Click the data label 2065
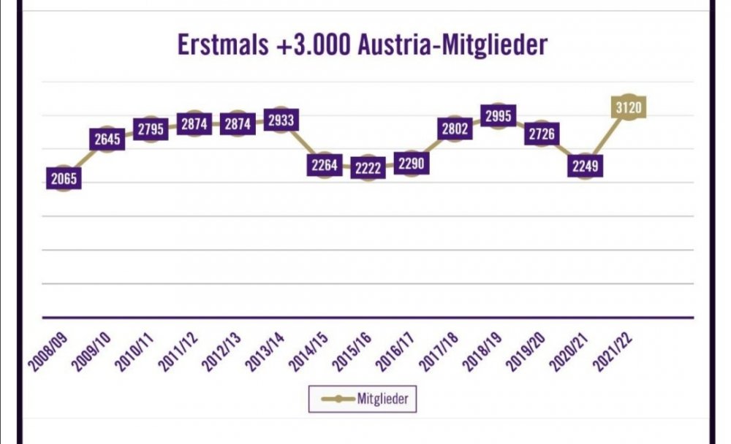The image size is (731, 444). (x=64, y=177)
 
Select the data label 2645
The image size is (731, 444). (x=107, y=139)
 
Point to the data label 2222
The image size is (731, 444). (x=368, y=167)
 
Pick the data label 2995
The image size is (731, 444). (x=498, y=115)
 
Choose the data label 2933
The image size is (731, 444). (x=281, y=120)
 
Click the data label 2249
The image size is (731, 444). (x=585, y=166)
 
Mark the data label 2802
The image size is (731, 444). (x=455, y=129)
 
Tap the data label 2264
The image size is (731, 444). (x=324, y=165)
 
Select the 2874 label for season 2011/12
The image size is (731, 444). (x=194, y=124)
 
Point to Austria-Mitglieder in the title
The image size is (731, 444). (x=452, y=45)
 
